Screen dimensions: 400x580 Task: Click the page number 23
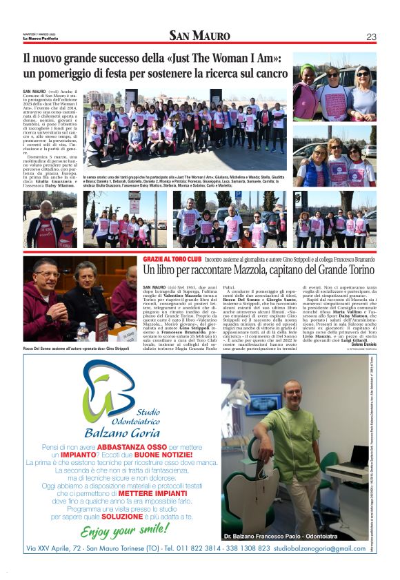[x=371, y=37]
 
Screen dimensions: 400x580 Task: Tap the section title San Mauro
[x=200, y=36]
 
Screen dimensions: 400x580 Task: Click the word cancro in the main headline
[x=267, y=72]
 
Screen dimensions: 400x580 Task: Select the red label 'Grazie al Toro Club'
[x=169, y=258]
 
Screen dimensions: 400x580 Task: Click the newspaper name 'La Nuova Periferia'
[x=40, y=37]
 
